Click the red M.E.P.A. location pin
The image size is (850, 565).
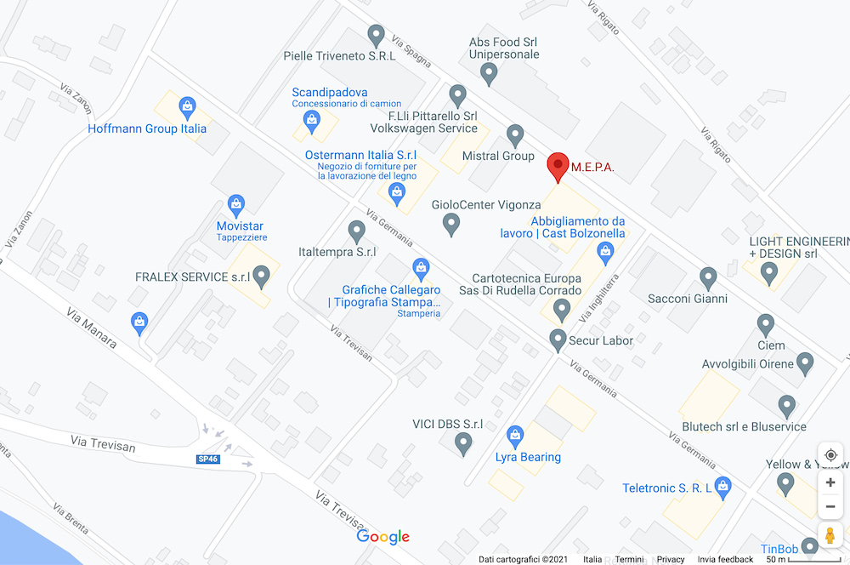[558, 165]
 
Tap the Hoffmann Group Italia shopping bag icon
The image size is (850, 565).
[187, 107]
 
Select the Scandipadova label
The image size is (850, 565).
[330, 92]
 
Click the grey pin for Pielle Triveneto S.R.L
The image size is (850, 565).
[377, 35]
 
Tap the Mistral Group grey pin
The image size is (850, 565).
[515, 134]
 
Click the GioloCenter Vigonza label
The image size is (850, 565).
[486, 205]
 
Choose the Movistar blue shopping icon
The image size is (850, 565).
[236, 204]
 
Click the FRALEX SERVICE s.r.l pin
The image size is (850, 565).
[262, 275]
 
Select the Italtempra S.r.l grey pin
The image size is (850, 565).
[357, 230]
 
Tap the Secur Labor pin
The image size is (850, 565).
[558, 340]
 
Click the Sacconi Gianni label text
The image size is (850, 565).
[688, 299]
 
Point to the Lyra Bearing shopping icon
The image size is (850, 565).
[514, 437]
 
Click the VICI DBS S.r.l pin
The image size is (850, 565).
[463, 442]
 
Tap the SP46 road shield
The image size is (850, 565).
[208, 459]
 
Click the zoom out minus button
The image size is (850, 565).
[830, 507]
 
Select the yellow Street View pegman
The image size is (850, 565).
[830, 536]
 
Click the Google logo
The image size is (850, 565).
[382, 537]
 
